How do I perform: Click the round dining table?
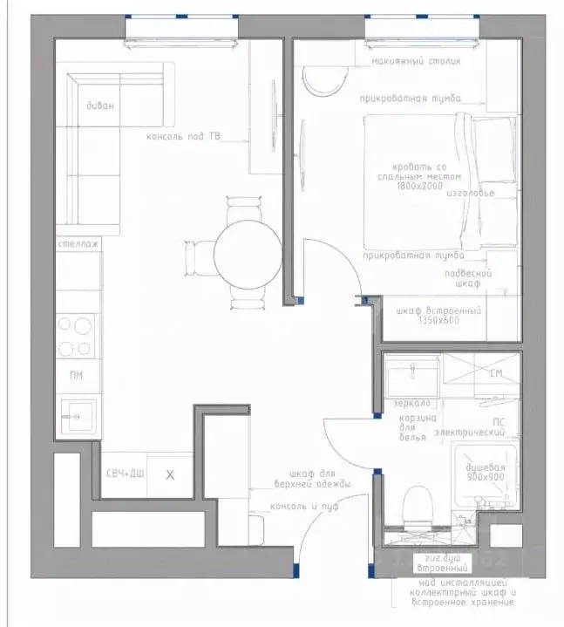(x=247, y=254)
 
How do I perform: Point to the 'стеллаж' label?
(x=77, y=245)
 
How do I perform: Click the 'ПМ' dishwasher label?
(x=77, y=375)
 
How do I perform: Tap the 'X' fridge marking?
(x=170, y=474)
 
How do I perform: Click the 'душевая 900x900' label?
(x=485, y=472)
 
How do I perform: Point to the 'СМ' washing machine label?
(x=497, y=374)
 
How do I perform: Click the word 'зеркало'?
(x=411, y=403)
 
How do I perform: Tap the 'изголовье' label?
(x=476, y=193)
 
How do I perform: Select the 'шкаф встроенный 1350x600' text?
(x=438, y=316)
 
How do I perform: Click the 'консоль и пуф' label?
(x=304, y=506)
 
